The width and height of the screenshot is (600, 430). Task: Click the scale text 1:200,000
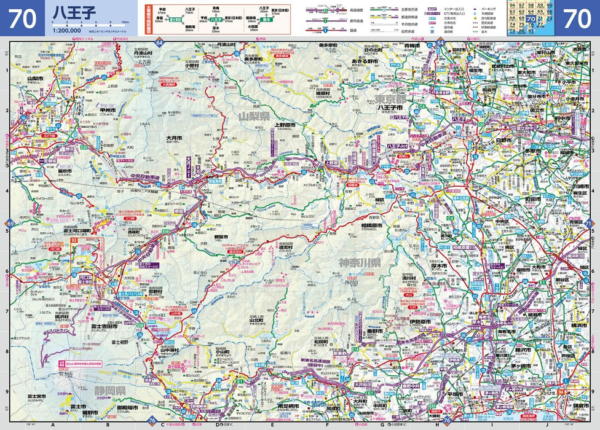(67, 30)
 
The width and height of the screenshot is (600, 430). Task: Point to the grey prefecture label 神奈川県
(360, 262)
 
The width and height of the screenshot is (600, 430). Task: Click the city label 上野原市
(286, 124)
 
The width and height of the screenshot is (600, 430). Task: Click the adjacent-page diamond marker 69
(10, 222)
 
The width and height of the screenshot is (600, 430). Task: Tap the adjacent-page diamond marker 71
(588, 222)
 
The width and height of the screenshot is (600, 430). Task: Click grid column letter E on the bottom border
(272, 424)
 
